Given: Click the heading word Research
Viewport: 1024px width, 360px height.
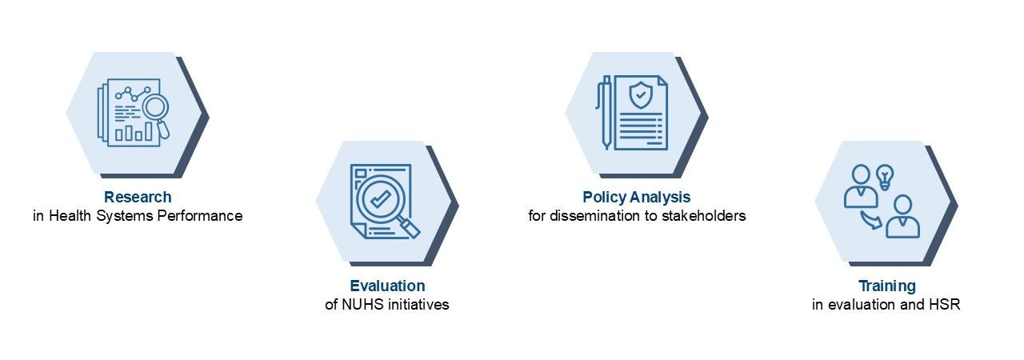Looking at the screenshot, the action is pos(138,197).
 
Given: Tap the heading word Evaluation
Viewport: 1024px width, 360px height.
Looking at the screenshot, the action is pos(387,286).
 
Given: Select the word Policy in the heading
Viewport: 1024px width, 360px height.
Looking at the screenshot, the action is pos(604,198).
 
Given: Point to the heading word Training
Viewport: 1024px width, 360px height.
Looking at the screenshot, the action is pos(887,286).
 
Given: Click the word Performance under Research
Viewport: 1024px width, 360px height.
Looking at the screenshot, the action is pos(200,216).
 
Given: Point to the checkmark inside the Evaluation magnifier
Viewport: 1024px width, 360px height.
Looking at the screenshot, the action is pos(380,198).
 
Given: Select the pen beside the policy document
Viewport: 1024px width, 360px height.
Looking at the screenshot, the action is pos(606,113).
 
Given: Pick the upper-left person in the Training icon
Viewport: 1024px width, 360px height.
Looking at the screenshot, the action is pos(861,186).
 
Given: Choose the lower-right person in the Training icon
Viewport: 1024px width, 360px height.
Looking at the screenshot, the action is pos(903,216).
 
